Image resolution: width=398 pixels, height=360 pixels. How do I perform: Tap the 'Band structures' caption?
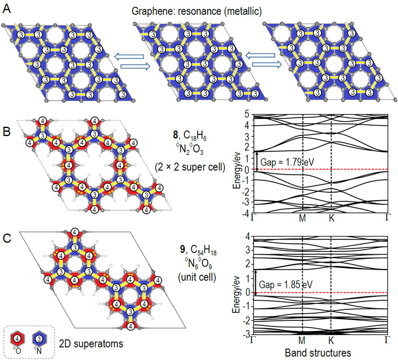tap(320, 353)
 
